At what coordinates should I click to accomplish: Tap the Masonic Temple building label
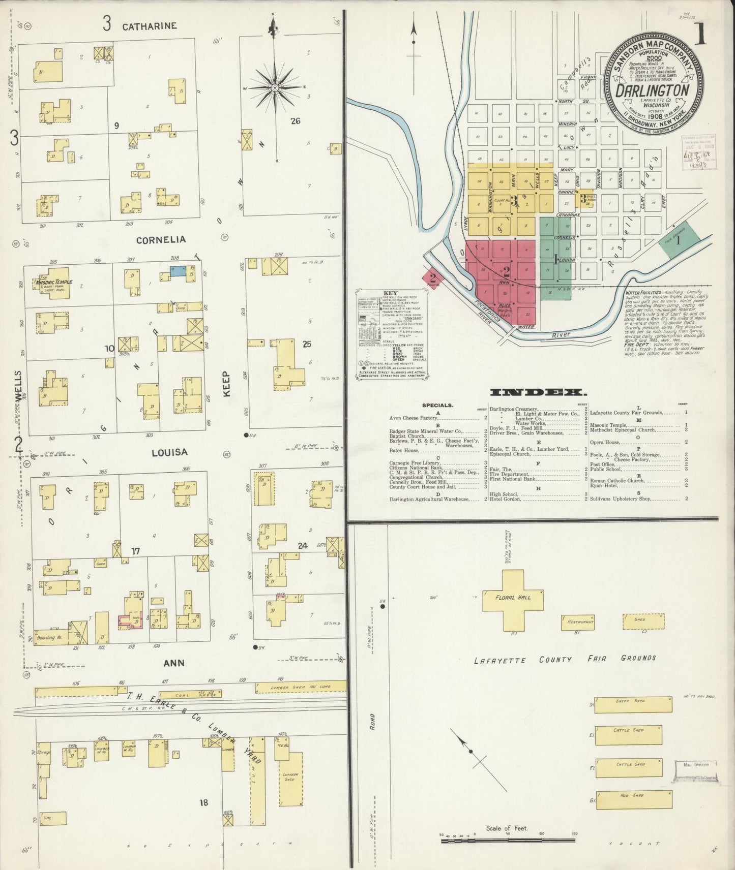click(x=54, y=282)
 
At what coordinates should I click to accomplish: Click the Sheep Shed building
click(x=633, y=704)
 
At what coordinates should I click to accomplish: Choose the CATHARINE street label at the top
click(x=149, y=25)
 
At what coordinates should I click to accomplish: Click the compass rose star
click(x=275, y=88)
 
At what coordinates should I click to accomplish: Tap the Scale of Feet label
click(x=507, y=828)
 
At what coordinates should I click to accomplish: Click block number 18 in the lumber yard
click(x=204, y=802)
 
